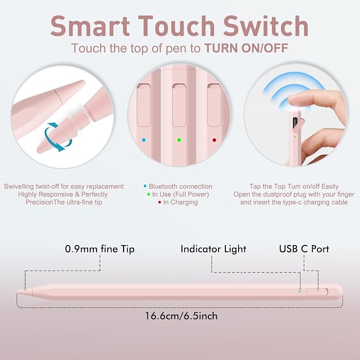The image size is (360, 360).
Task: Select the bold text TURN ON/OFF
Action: click(246, 48)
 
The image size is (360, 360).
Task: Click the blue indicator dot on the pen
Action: click(144, 140)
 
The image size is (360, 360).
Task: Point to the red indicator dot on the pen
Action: click(214, 140)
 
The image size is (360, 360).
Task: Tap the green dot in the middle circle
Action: click(179, 140)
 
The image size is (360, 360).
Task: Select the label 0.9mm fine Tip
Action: click(100, 249)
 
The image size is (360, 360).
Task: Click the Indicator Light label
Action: click(213, 249)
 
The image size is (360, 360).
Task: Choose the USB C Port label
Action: click(304, 249)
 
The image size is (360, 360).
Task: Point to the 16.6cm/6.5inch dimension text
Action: click(181, 316)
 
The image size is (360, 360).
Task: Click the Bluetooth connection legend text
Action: click(180, 186)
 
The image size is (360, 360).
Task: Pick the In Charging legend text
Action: click(180, 202)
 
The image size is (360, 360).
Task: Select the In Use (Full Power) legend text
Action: click(180, 194)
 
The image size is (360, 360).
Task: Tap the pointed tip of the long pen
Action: click(17, 292)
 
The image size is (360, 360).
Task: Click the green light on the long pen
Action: click(300, 292)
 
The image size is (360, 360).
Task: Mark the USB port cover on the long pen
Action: click(317, 292)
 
